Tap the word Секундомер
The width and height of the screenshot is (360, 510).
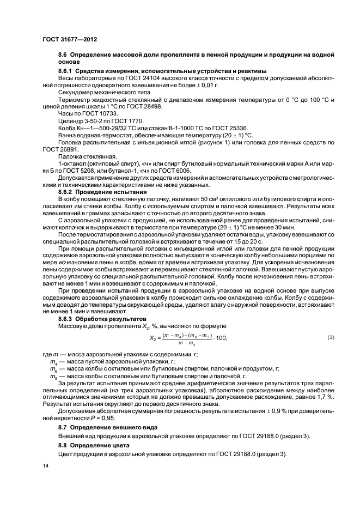tap(76, 93)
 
